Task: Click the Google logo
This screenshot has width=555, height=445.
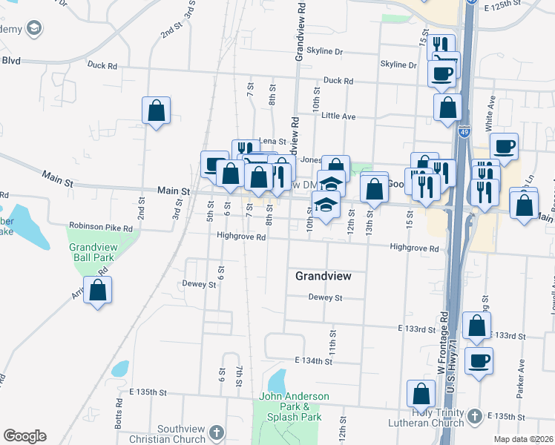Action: point(24,435)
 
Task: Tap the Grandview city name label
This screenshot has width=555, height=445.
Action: point(322,276)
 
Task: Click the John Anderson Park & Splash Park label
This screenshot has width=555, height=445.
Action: point(290,406)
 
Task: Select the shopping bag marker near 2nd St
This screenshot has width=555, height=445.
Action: point(157,111)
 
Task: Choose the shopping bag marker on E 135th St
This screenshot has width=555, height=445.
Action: point(421,393)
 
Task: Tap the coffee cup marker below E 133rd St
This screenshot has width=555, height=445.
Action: point(479,361)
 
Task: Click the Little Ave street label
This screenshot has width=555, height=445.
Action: point(338,116)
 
